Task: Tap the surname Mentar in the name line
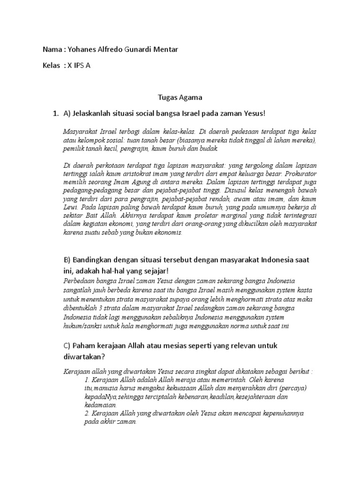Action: tap(165, 50)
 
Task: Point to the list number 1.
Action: tap(55, 113)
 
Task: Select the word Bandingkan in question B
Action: tap(92, 260)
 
